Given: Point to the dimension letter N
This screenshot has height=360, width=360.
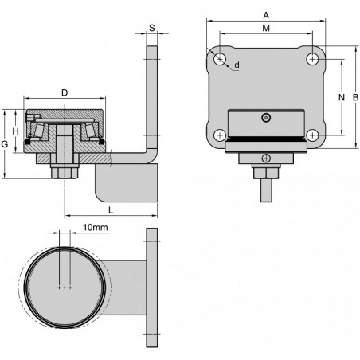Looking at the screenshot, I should click(x=342, y=96).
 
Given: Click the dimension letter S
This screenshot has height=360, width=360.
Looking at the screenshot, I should click(x=151, y=27).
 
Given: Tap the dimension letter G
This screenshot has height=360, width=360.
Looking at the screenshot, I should click(x=5, y=144).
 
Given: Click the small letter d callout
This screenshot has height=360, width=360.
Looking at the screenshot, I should click(x=237, y=65).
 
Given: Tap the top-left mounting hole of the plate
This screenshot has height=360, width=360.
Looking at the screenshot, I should click(x=219, y=59).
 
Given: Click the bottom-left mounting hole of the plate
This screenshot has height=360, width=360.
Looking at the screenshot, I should click(x=219, y=135).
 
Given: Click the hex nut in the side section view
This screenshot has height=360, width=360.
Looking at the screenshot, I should click(x=64, y=171).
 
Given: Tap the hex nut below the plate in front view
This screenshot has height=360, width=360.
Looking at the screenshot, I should click(x=265, y=170).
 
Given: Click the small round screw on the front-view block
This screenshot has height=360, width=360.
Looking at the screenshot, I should click(x=265, y=119).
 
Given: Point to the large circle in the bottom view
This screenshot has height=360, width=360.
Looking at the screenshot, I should click(x=64, y=288).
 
